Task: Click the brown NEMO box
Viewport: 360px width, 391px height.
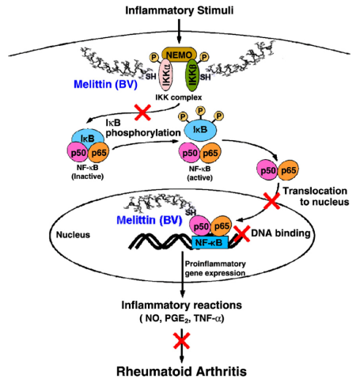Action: (x=179, y=55)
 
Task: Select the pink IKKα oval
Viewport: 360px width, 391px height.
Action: (x=166, y=75)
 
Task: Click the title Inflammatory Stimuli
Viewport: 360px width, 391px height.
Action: (x=180, y=10)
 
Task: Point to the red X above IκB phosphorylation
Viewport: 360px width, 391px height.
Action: (x=142, y=112)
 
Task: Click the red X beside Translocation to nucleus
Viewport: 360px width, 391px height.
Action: (x=272, y=201)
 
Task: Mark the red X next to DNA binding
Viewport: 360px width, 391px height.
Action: (x=241, y=233)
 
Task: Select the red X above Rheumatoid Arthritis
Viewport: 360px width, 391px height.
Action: (x=181, y=340)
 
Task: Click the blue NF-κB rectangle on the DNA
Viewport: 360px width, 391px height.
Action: (x=210, y=242)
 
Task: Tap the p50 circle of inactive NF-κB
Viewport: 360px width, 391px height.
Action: (x=78, y=152)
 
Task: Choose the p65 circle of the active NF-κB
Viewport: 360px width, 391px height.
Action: (x=210, y=153)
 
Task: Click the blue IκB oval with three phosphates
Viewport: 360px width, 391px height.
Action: (x=200, y=130)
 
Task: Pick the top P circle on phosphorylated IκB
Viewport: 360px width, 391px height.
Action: (x=201, y=110)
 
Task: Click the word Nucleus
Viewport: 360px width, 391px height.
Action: (x=73, y=234)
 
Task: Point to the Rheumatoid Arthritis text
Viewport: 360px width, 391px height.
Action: (x=181, y=371)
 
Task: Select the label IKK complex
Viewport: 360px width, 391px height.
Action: (x=179, y=97)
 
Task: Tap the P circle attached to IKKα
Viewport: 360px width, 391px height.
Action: (x=153, y=57)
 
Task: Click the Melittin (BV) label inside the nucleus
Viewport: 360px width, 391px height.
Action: (x=150, y=220)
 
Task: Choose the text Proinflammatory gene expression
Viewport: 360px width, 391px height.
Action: (x=215, y=268)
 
